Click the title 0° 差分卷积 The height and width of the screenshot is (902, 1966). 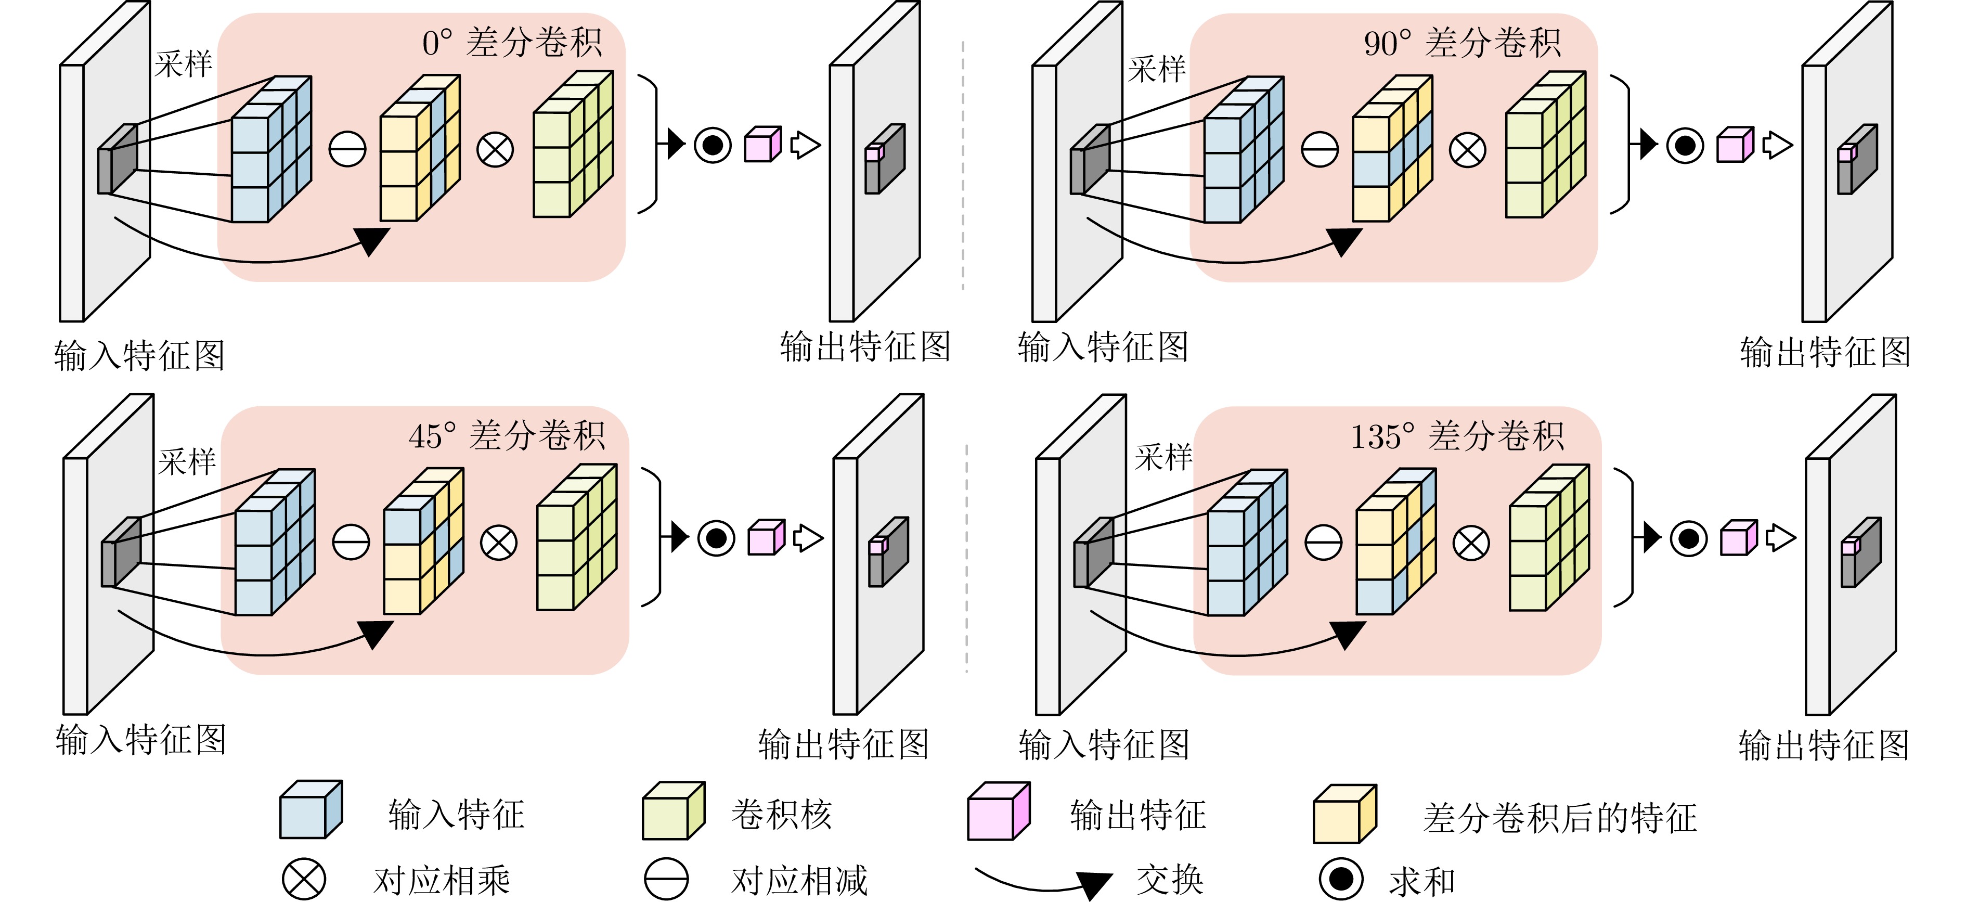512,43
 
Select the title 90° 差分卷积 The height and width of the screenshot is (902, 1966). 1463,43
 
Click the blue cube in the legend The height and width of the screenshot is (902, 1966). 310,811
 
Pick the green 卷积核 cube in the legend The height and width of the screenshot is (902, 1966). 672,811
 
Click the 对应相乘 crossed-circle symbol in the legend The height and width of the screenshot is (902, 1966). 304,879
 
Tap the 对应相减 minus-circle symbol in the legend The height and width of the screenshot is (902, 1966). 666,879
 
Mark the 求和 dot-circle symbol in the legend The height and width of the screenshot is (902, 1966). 1341,879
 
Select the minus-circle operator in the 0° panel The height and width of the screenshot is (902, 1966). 347,149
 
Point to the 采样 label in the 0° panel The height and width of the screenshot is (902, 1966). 183,64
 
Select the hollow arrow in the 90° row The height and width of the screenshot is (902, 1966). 1777,145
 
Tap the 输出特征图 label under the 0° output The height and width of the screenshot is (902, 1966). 865,347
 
